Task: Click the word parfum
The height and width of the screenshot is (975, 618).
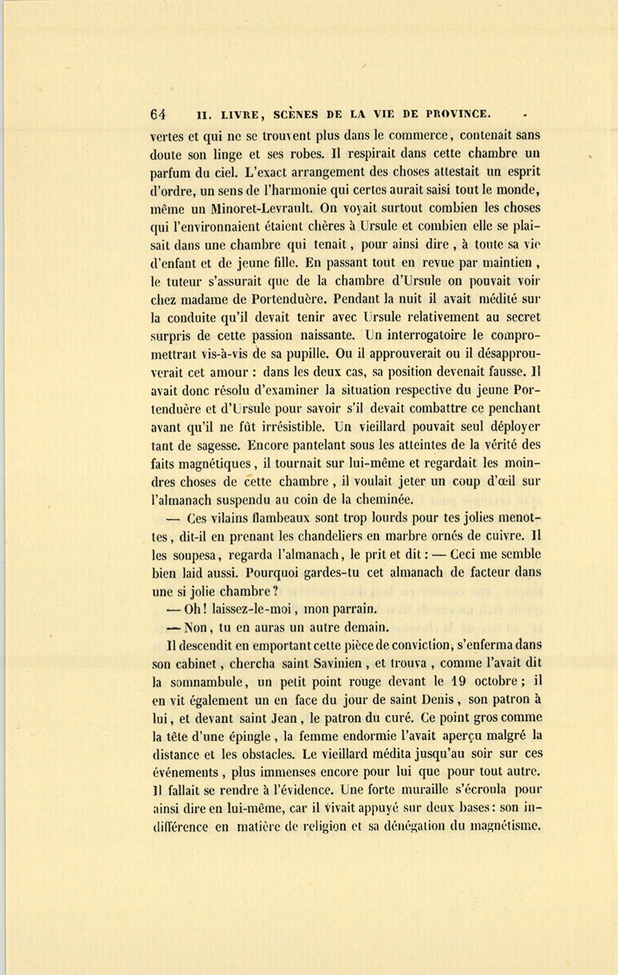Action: [x=169, y=172]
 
